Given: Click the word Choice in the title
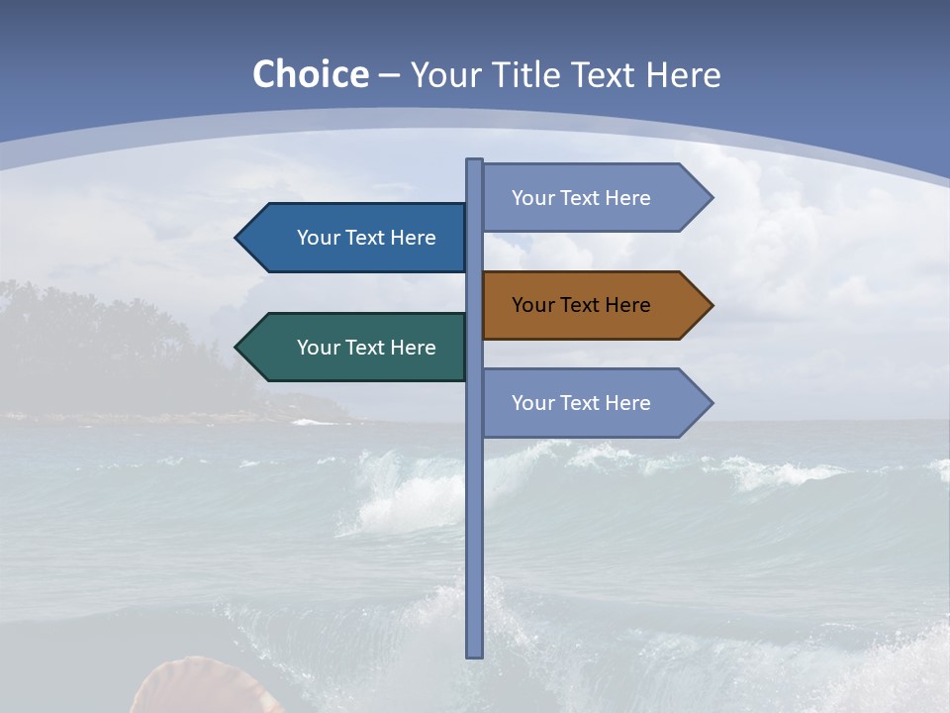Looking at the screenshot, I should click(x=310, y=74).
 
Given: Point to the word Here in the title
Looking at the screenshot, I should click(x=682, y=74).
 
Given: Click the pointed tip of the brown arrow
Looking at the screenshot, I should click(x=710, y=305).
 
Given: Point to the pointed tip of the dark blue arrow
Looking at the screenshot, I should click(x=238, y=238).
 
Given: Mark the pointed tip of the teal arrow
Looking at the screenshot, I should click(x=238, y=348).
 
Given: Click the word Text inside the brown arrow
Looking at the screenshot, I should click(x=581, y=305).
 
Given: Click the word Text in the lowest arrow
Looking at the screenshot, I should click(x=581, y=403).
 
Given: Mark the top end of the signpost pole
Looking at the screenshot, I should click(x=475, y=162).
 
